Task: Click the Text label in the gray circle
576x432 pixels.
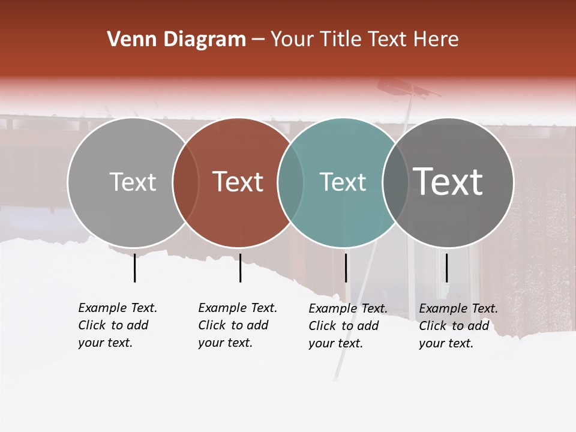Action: [x=133, y=182]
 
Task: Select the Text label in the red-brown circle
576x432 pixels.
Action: [x=238, y=182]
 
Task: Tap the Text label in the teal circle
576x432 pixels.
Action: [x=343, y=182]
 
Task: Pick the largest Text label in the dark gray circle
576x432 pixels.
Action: [x=448, y=182]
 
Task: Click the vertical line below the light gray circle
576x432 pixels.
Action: [x=134, y=268]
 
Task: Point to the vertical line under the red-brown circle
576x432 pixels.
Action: [x=240, y=268]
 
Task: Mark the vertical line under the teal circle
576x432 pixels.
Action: [x=346, y=268]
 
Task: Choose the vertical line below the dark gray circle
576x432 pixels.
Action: [x=446, y=268]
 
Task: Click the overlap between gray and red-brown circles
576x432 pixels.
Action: [x=185, y=182]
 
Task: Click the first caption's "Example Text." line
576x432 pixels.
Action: [x=118, y=308]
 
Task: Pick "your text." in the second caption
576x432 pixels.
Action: [x=225, y=343]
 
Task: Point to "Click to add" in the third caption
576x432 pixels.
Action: [x=344, y=326]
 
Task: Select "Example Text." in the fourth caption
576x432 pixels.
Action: [x=458, y=308]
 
